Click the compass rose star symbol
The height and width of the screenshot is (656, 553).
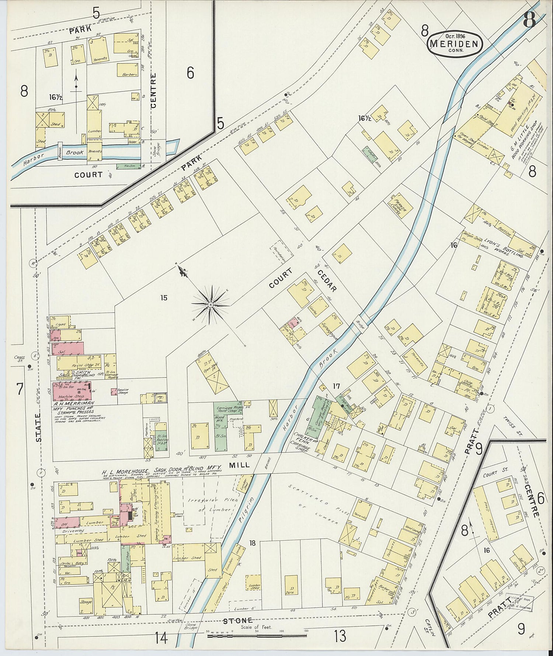point(210,305)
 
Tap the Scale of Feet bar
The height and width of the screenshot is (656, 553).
point(257,635)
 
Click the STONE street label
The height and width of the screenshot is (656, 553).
point(237,621)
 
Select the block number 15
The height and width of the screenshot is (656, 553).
point(164,298)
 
